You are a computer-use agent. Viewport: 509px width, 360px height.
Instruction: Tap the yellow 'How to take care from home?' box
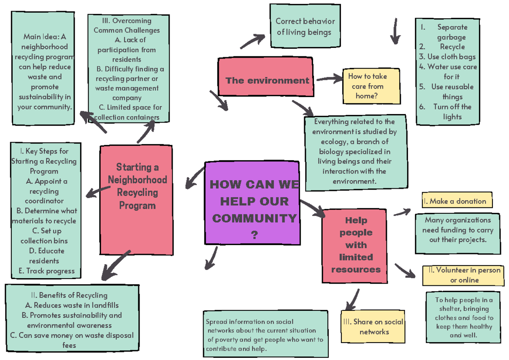(x=371, y=87)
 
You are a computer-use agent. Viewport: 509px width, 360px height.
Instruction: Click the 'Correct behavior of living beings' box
(x=305, y=26)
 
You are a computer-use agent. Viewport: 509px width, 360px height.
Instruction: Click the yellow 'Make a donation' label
(x=457, y=201)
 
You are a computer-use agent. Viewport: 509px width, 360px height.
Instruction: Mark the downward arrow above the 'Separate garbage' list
(x=395, y=31)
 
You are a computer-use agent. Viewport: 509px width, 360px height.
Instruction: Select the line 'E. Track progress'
(x=47, y=271)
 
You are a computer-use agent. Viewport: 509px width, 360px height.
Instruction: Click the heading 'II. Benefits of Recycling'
(x=69, y=295)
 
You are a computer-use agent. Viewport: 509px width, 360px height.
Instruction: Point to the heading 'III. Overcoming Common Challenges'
(x=127, y=25)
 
